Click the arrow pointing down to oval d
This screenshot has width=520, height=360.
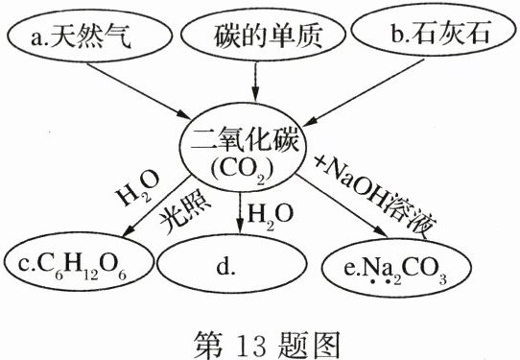pyautogui.click(x=238, y=213)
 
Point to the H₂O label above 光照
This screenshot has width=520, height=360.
pyautogui.click(x=136, y=191)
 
